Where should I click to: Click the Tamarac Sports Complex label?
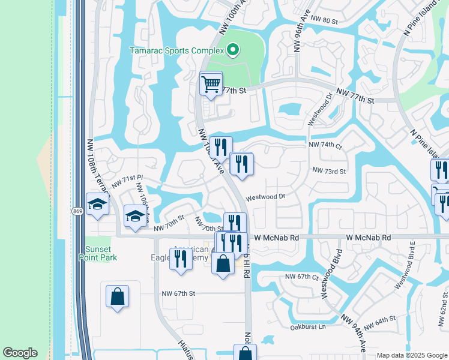(176, 50)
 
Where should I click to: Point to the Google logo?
(19, 353)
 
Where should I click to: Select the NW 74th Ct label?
(325, 145)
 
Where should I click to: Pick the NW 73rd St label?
(329, 171)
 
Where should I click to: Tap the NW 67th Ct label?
(301, 277)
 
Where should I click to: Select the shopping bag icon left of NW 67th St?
(117, 296)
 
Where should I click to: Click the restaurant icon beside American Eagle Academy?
(180, 259)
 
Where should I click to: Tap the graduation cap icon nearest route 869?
(97, 204)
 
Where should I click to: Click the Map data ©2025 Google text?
(412, 355)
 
